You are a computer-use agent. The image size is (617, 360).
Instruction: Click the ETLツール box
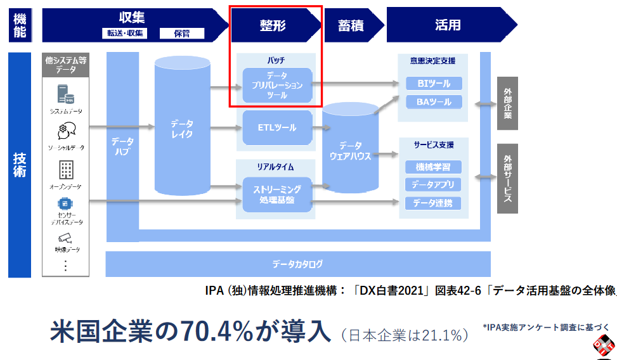[277, 128]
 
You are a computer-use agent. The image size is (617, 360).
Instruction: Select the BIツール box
[434, 83]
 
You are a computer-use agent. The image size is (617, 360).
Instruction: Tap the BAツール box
[434, 101]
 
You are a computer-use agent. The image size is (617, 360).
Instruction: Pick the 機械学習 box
[434, 167]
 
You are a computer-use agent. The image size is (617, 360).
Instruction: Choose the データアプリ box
[434, 185]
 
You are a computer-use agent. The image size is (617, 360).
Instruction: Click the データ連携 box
[434, 203]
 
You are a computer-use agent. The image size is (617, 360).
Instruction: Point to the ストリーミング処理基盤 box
[277, 195]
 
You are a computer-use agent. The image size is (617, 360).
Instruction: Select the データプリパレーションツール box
[277, 85]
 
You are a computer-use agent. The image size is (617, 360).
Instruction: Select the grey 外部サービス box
[507, 179]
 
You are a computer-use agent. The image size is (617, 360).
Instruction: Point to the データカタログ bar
[298, 264]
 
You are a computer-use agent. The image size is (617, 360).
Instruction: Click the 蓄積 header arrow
[351, 25]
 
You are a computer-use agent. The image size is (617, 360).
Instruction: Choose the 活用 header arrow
[448, 25]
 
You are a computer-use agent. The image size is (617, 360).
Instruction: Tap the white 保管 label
[181, 34]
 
